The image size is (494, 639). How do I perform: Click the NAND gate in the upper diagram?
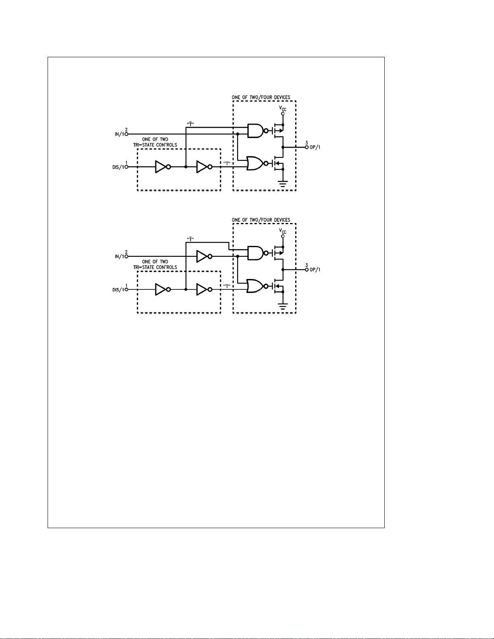click(255, 131)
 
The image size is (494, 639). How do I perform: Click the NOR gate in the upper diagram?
click(255, 163)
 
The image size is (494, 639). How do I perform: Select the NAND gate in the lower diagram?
click(255, 253)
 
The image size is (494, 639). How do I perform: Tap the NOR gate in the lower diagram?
click(255, 286)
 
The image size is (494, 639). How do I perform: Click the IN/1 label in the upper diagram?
click(119, 134)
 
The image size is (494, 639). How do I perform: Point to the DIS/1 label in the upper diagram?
click(118, 167)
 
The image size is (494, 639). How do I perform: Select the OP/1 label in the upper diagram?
click(315, 147)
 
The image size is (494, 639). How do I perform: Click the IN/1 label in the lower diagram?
click(119, 257)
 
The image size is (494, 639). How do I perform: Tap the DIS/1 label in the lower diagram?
click(118, 290)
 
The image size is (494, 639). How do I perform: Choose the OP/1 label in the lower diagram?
click(315, 270)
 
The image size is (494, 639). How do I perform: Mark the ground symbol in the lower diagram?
click(283, 307)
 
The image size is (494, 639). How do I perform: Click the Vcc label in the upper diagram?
click(283, 108)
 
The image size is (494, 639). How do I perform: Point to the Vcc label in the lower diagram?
click(283, 231)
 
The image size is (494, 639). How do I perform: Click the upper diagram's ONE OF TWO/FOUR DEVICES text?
click(261, 98)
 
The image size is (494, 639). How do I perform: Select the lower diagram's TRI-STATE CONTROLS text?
click(155, 267)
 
